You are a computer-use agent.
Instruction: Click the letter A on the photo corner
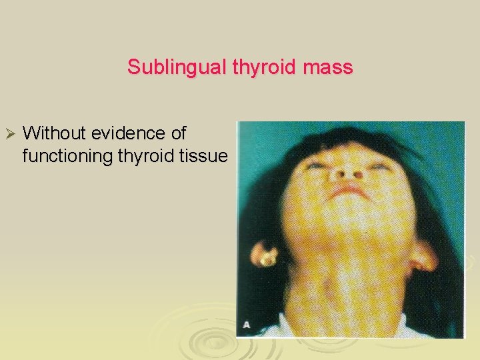pos(247,325)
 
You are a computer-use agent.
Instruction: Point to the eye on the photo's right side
pos(377,166)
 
